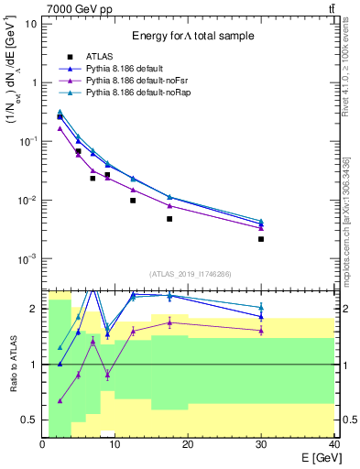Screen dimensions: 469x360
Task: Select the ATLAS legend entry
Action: [x=101, y=56]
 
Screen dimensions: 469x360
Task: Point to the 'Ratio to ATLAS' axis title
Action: [x=12, y=364]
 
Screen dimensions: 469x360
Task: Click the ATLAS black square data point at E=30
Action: [x=261, y=239]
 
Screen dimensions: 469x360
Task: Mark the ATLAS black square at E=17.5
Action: [x=169, y=219]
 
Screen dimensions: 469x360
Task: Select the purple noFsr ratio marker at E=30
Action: [x=261, y=330]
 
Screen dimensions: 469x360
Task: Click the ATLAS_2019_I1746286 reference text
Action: [x=189, y=274]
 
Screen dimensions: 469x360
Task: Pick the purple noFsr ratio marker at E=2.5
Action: [x=60, y=400]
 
